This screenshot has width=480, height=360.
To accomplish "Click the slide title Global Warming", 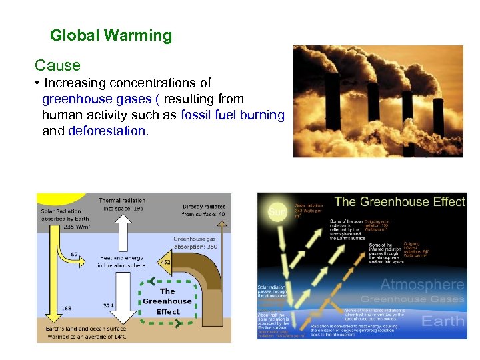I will (111, 35).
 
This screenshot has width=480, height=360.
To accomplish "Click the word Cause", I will (57, 65).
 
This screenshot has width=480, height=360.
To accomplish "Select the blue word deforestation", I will (107, 131).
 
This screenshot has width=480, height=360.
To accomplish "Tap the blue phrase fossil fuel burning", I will (232, 115).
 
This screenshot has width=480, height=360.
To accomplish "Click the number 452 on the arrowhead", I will (165, 262).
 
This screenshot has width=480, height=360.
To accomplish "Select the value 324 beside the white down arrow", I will (109, 305).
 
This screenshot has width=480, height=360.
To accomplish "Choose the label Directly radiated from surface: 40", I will (204, 211).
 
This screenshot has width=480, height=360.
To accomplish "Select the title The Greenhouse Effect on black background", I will (399, 201).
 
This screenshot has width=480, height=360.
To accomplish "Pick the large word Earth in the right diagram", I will (443, 321).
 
